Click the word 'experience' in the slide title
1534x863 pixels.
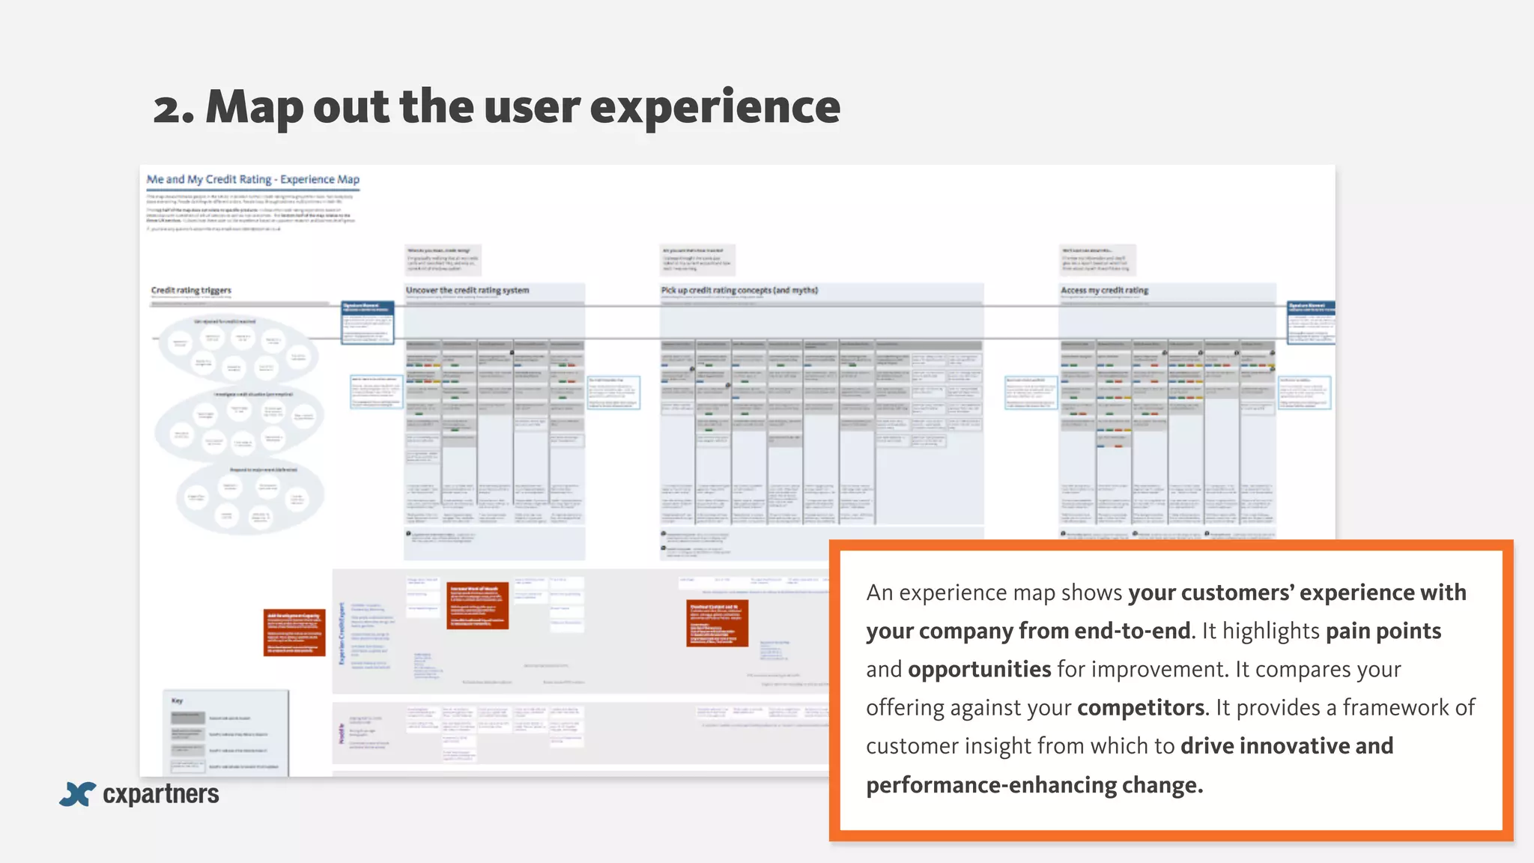pyautogui.click(x=715, y=109)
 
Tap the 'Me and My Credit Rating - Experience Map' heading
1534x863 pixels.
pyautogui.click(x=253, y=180)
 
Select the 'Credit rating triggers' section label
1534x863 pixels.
pyautogui.click(x=191, y=291)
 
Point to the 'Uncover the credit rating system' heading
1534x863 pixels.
pyautogui.click(x=467, y=291)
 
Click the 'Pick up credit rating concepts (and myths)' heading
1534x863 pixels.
pyautogui.click(x=739, y=291)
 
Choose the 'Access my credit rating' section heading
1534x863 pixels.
pyautogui.click(x=1104, y=291)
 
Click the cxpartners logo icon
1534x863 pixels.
pyautogui.click(x=77, y=794)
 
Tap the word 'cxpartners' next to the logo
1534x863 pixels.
pyautogui.click(x=161, y=794)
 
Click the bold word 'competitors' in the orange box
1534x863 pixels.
pyautogui.click(x=1141, y=708)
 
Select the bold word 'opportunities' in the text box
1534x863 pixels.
pyautogui.click(x=980, y=669)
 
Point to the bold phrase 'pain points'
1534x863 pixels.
pyautogui.click(x=1383, y=631)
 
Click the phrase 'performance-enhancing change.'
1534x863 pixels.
pyautogui.click(x=1034, y=785)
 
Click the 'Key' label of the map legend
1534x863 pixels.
pyautogui.click(x=178, y=701)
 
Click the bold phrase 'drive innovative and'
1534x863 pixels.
pyautogui.click(x=1287, y=746)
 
